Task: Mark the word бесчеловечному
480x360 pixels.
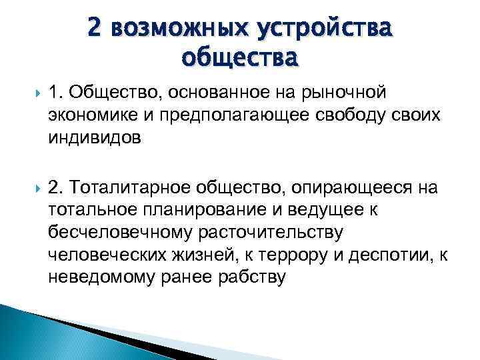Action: pos(117,233)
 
